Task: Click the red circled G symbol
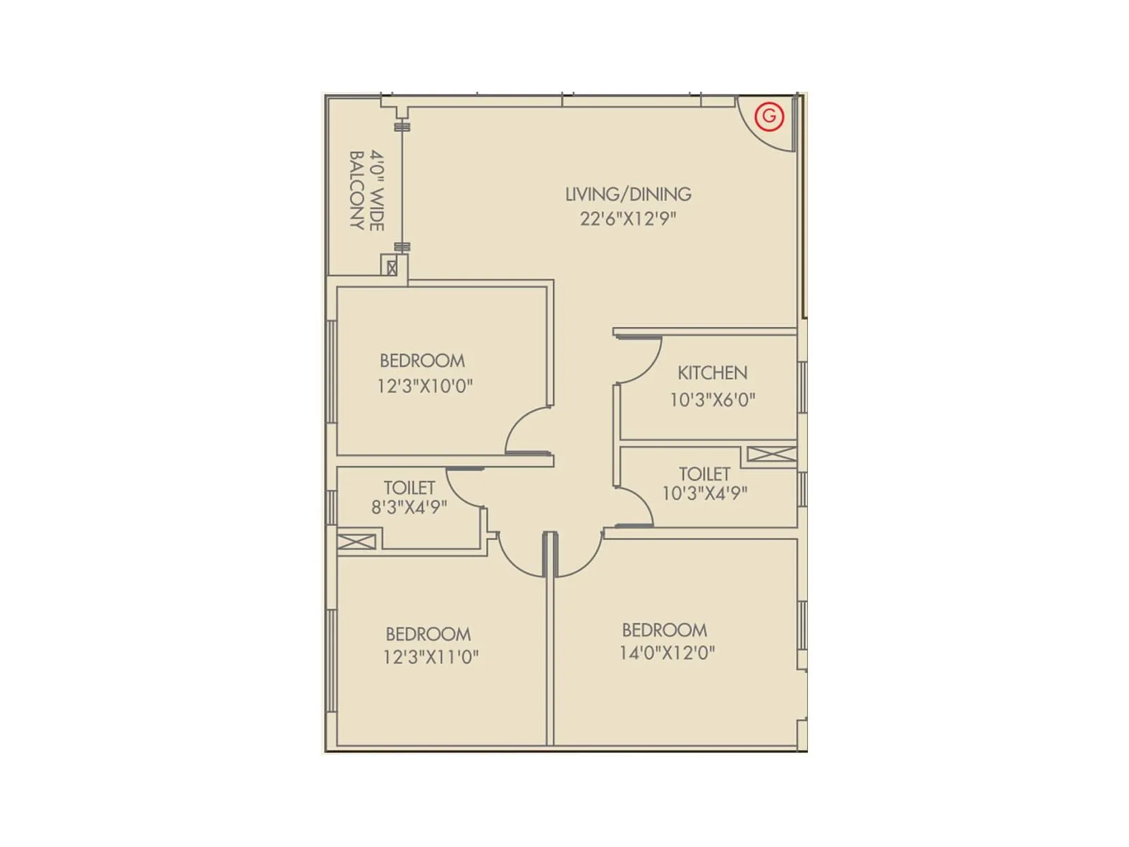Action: click(x=769, y=116)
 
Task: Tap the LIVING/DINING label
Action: click(x=628, y=194)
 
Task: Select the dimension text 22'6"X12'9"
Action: click(x=628, y=219)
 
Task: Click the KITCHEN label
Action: click(x=712, y=373)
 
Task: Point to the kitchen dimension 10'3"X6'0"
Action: click(x=712, y=400)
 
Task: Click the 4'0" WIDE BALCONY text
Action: click(x=367, y=190)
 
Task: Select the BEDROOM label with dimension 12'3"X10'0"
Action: click(x=422, y=361)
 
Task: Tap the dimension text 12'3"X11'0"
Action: click(x=430, y=657)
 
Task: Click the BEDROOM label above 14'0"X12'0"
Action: click(x=664, y=630)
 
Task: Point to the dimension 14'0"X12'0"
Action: click(x=667, y=653)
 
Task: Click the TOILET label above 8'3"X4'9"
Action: click(x=409, y=488)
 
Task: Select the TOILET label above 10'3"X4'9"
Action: click(x=704, y=474)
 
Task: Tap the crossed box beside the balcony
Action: click(x=392, y=268)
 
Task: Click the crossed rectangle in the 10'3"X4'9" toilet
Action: click(x=771, y=454)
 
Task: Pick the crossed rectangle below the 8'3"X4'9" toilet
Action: click(x=356, y=542)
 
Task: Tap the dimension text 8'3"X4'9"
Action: click(x=409, y=507)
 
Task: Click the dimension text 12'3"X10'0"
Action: click(x=425, y=387)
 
